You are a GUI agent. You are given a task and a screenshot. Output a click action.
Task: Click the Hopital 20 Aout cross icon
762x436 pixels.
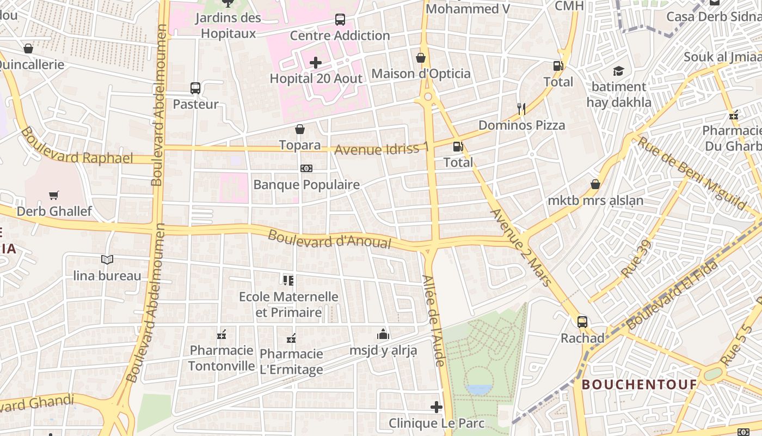click(316, 63)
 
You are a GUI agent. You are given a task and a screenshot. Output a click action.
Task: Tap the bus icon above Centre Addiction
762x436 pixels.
click(340, 20)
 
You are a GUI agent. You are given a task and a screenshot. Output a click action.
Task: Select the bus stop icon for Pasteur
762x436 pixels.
click(195, 88)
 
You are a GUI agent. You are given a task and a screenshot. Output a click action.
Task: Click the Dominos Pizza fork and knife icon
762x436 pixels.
click(521, 109)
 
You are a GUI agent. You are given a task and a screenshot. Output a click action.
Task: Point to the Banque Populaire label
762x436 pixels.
click(306, 185)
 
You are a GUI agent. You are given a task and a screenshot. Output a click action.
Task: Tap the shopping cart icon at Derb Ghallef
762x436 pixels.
click(53, 195)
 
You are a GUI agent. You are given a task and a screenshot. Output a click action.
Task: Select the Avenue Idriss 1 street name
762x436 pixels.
click(382, 149)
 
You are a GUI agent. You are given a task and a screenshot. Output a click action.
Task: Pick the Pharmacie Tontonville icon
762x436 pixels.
click(222, 334)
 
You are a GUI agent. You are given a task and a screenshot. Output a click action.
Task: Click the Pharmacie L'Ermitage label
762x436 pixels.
click(291, 361)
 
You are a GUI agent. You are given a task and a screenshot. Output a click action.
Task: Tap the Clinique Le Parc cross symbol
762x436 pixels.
click(437, 407)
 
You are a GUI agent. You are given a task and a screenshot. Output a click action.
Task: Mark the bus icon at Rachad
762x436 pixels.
click(582, 322)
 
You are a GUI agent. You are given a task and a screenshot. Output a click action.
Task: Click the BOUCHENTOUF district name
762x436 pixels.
click(640, 385)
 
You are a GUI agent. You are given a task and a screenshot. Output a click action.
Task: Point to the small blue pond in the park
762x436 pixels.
click(480, 389)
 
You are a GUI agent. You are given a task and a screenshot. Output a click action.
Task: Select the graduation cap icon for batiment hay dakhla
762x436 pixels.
click(618, 71)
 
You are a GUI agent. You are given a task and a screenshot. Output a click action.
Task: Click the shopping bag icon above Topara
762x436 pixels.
click(299, 129)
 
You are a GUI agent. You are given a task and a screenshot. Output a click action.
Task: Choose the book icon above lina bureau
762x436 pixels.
click(107, 259)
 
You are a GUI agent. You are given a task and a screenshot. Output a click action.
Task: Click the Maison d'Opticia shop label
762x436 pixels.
click(421, 74)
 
